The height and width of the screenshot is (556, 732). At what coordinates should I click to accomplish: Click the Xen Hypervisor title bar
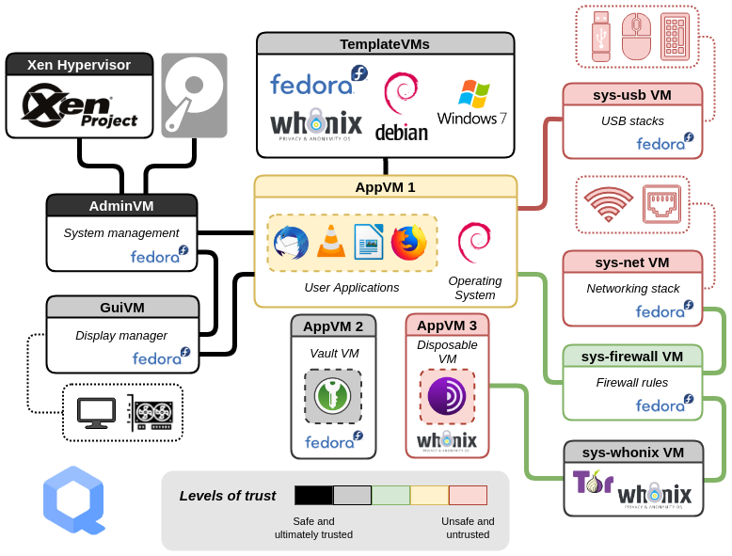79,65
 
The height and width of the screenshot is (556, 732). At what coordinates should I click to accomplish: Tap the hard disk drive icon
194,95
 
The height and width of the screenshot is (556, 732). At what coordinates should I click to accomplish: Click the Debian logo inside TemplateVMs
402,105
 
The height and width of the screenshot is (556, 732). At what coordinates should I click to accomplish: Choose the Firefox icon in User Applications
408,243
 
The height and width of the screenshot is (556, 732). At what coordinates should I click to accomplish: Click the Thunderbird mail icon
291,243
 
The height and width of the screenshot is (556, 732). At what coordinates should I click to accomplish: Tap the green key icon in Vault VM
333,396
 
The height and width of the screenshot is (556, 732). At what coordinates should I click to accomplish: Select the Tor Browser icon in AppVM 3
447,396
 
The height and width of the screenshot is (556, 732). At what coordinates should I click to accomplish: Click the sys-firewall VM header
632,357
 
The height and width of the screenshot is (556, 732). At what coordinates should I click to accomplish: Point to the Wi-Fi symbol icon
608,204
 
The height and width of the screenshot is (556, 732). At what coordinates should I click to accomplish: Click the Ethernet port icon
661,204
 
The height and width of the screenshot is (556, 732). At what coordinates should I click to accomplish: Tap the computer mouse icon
637,36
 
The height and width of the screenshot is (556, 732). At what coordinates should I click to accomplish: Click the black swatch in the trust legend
313,496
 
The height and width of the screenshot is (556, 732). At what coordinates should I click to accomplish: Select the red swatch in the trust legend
468,496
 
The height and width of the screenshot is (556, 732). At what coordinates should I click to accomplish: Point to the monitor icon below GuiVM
96,412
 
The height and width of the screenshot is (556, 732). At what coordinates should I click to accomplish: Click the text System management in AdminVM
121,232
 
